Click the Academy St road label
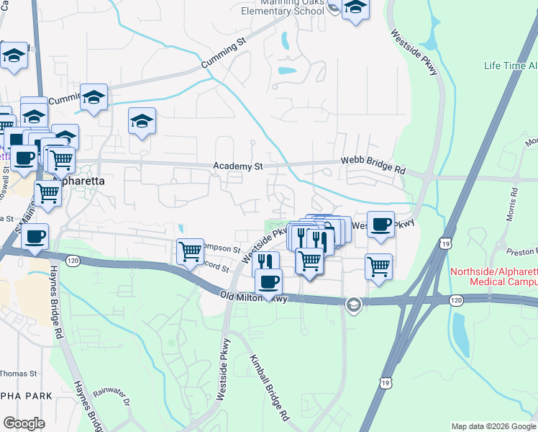238,166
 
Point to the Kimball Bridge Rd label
269,387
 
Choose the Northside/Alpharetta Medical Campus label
493,276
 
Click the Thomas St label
16,373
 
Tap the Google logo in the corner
24,423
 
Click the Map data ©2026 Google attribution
493,426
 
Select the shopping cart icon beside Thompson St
190,251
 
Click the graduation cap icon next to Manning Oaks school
355,9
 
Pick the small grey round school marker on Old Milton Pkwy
352,305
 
